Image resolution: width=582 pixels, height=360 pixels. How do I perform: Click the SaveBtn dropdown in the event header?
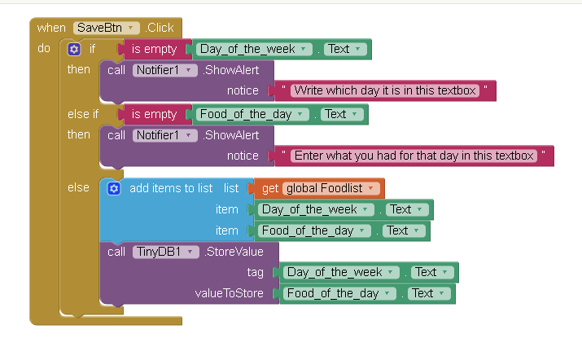pyautogui.click(x=106, y=28)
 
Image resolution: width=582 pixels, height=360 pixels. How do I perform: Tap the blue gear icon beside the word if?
pyautogui.click(x=74, y=49)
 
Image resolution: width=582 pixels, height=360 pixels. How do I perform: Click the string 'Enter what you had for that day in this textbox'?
pyautogui.click(x=414, y=155)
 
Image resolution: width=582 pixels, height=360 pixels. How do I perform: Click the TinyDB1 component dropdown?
pyautogui.click(x=165, y=252)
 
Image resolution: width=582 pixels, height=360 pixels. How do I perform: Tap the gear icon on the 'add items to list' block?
pyautogui.click(x=114, y=188)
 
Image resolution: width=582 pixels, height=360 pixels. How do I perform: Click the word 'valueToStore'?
pyautogui.click(x=229, y=293)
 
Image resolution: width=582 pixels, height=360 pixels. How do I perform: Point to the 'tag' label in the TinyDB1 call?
pyautogui.click(x=255, y=272)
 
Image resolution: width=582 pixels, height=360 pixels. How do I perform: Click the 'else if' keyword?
pyautogui.click(x=83, y=114)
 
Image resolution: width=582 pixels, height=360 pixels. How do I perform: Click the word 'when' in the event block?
pyautogui.click(x=51, y=28)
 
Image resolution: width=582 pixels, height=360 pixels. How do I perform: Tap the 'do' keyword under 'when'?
pyautogui.click(x=44, y=49)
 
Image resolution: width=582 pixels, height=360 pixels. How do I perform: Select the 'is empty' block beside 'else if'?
pyautogui.click(x=154, y=114)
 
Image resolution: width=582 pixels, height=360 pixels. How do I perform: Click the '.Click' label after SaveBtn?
pyautogui.click(x=160, y=28)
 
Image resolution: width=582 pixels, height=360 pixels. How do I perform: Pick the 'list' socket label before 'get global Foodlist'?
pyautogui.click(x=232, y=188)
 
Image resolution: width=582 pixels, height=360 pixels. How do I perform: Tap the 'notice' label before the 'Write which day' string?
pyautogui.click(x=243, y=90)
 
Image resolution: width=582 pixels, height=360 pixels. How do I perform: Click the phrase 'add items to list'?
pyautogui.click(x=171, y=188)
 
